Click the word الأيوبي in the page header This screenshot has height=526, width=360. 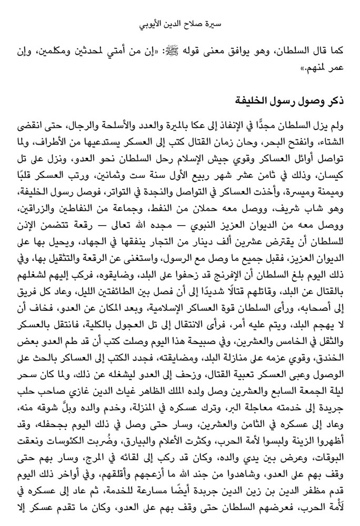[x=154, y=24]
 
